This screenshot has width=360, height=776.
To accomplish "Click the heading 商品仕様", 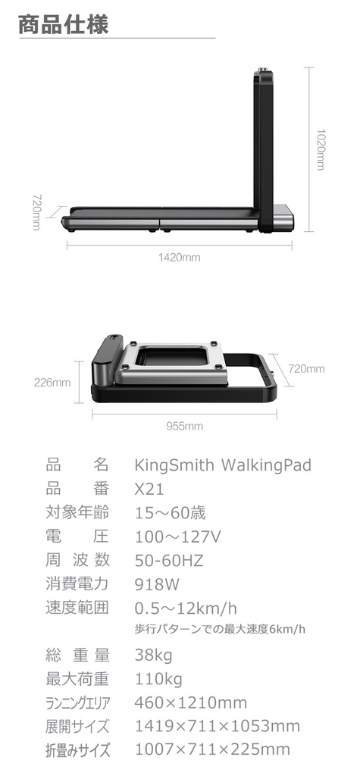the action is [x=64, y=25].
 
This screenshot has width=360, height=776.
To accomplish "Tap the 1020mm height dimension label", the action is [x=321, y=149].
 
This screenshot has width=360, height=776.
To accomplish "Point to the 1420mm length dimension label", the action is [x=180, y=258].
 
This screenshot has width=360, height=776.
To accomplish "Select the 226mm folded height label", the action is [x=52, y=383].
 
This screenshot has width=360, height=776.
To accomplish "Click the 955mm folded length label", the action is [x=184, y=426].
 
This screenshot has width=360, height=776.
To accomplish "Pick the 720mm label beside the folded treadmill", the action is [x=306, y=369].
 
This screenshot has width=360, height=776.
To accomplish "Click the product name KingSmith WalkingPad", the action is [x=223, y=465].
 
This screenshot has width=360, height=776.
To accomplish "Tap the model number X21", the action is [x=149, y=489].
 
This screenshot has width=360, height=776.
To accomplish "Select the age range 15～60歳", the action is [x=171, y=513].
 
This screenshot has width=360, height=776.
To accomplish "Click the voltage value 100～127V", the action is [x=178, y=537].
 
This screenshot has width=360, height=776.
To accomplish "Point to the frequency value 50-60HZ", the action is [x=169, y=560].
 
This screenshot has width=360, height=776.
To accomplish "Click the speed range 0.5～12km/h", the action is [x=186, y=608].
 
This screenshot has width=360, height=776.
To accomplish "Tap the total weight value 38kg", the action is [x=154, y=656].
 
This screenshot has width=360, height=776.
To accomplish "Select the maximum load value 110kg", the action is [x=158, y=679].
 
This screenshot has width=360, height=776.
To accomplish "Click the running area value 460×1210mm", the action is [x=191, y=702].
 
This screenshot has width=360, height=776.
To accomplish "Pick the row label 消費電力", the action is [x=77, y=584].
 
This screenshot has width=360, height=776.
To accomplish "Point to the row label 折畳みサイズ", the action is [x=77, y=749].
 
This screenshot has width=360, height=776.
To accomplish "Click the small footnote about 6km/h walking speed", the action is [x=220, y=630].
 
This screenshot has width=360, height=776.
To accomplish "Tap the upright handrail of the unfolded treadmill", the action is [x=262, y=149].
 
